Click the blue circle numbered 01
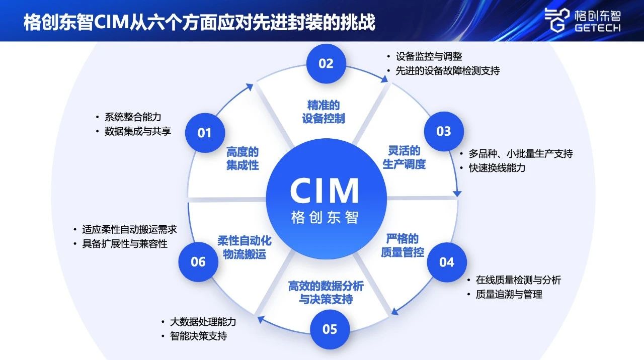[204, 133]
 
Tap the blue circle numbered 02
[326, 63]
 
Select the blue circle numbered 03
[444, 131]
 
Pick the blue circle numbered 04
[447, 262]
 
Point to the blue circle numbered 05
[330, 329]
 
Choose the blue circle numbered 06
[198, 262]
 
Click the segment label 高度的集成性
[243, 158]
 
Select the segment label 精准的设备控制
[324, 112]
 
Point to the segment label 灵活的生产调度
[404, 157]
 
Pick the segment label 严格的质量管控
[403, 245]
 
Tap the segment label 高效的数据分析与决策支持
[326, 293]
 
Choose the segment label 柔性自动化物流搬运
[245, 247]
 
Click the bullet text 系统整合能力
[133, 117]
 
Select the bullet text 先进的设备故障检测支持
[447, 71]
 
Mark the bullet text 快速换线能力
[497, 168]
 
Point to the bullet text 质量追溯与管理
[509, 295]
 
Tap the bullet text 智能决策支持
[198, 335]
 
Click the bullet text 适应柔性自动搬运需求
[129, 229]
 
